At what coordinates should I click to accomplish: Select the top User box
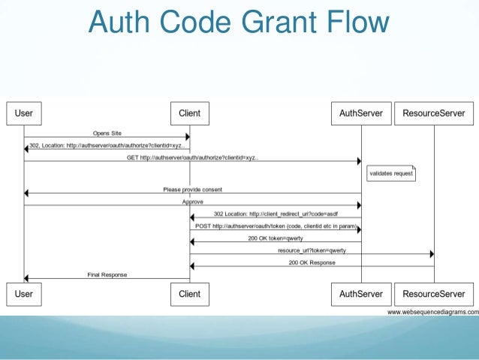click(x=24, y=114)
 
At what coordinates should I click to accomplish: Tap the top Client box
click(x=189, y=114)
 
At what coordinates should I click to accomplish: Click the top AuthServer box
click(x=361, y=114)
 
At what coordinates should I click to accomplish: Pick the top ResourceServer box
click(x=434, y=114)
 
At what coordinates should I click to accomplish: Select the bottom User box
click(x=24, y=294)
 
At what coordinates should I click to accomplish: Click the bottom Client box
click(x=189, y=294)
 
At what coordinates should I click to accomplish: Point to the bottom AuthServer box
click(x=361, y=294)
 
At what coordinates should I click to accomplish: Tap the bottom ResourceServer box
click(x=434, y=294)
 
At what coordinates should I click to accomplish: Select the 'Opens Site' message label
click(x=107, y=133)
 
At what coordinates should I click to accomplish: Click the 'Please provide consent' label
click(x=192, y=189)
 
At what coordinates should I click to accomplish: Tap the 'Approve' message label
click(x=192, y=201)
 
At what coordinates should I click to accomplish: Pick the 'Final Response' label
click(x=107, y=274)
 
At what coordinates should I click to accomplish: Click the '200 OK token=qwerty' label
click(x=275, y=237)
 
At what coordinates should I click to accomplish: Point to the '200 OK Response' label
click(x=312, y=262)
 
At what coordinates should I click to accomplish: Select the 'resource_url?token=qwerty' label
click(x=312, y=250)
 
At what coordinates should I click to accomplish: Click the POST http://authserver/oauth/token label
click(x=275, y=225)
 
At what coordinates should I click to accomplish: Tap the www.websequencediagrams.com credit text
click(x=432, y=311)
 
